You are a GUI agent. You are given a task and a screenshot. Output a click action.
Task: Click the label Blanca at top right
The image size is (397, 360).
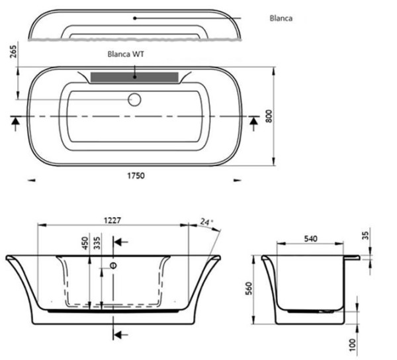click(x=281, y=19)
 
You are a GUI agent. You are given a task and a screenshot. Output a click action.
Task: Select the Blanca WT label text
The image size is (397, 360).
click(x=126, y=54)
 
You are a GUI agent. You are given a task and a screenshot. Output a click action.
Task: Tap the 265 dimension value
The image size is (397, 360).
click(x=13, y=52)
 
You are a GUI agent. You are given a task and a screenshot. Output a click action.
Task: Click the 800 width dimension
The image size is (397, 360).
click(x=269, y=116)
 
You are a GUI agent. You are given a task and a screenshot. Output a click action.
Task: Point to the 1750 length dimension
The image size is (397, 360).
click(x=136, y=175)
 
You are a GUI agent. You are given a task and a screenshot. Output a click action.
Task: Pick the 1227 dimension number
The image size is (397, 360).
click(x=112, y=220)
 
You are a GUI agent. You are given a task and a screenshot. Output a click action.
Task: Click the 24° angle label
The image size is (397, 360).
click(x=206, y=222)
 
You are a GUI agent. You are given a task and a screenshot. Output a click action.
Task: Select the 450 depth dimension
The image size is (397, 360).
click(x=85, y=243)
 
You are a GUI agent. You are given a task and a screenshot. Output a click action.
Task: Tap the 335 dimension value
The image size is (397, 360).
click(x=97, y=243)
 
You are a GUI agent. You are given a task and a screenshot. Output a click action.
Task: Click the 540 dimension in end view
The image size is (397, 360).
click(x=310, y=239)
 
